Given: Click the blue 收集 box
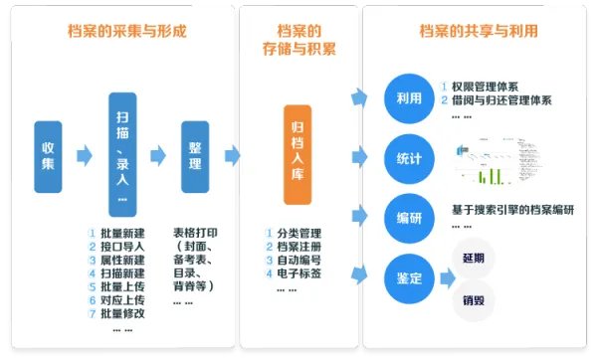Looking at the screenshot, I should pyautogui.click(x=48, y=156).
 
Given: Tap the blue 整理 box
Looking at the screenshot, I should pyautogui.click(x=195, y=156).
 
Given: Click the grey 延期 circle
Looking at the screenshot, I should pyautogui.click(x=474, y=258).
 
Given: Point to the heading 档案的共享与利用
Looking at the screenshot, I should pyautogui.click(x=480, y=31).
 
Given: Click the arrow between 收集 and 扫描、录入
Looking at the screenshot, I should pyautogui.click(x=85, y=155).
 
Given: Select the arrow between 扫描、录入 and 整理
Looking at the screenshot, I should pyautogui.click(x=158, y=155).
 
